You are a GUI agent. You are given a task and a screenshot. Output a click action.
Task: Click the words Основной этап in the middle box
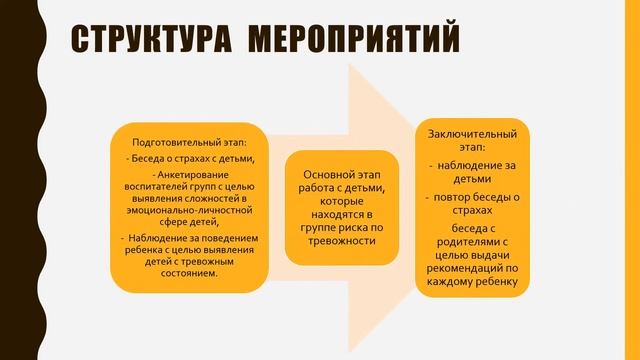click(x=336, y=174)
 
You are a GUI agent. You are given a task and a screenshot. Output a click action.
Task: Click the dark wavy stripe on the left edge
click(x=11, y=180)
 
